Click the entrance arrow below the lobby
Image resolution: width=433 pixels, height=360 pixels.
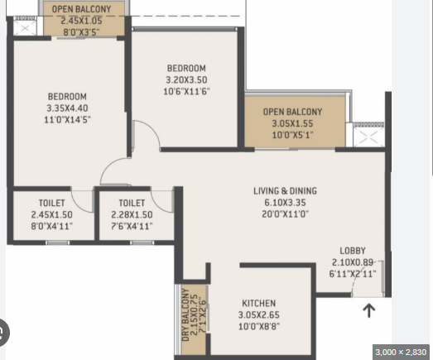pyautogui.click(x=369, y=310)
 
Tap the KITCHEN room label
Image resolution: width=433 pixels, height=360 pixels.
pyautogui.click(x=259, y=303)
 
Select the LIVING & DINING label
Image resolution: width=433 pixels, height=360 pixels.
pyautogui.click(x=286, y=191)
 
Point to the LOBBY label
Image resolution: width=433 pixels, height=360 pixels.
pyautogui.click(x=353, y=251)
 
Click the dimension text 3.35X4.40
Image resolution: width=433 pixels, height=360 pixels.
pyautogui.click(x=67, y=108)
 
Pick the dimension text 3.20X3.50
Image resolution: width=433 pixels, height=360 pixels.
pyautogui.click(x=186, y=79)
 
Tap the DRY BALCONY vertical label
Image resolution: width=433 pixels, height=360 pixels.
pyautogui.click(x=185, y=314)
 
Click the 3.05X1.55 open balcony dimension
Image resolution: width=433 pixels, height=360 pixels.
pyautogui.click(x=292, y=123)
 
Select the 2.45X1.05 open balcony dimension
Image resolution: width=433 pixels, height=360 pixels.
pyautogui.click(x=81, y=21)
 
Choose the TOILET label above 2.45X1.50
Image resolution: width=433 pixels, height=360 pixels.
pyautogui.click(x=52, y=203)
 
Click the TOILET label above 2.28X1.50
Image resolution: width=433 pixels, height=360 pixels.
pyautogui.click(x=132, y=203)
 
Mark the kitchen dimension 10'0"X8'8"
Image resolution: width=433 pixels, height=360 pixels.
pyautogui.click(x=259, y=326)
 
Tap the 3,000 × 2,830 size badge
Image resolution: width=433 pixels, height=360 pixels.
pyautogui.click(x=401, y=352)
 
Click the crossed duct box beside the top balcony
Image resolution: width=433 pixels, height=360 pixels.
pyautogui.click(x=25, y=28)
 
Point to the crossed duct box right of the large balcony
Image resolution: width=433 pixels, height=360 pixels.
pyautogui.click(x=369, y=137)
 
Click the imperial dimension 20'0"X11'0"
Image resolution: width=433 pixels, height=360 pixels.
pyautogui.click(x=286, y=214)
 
